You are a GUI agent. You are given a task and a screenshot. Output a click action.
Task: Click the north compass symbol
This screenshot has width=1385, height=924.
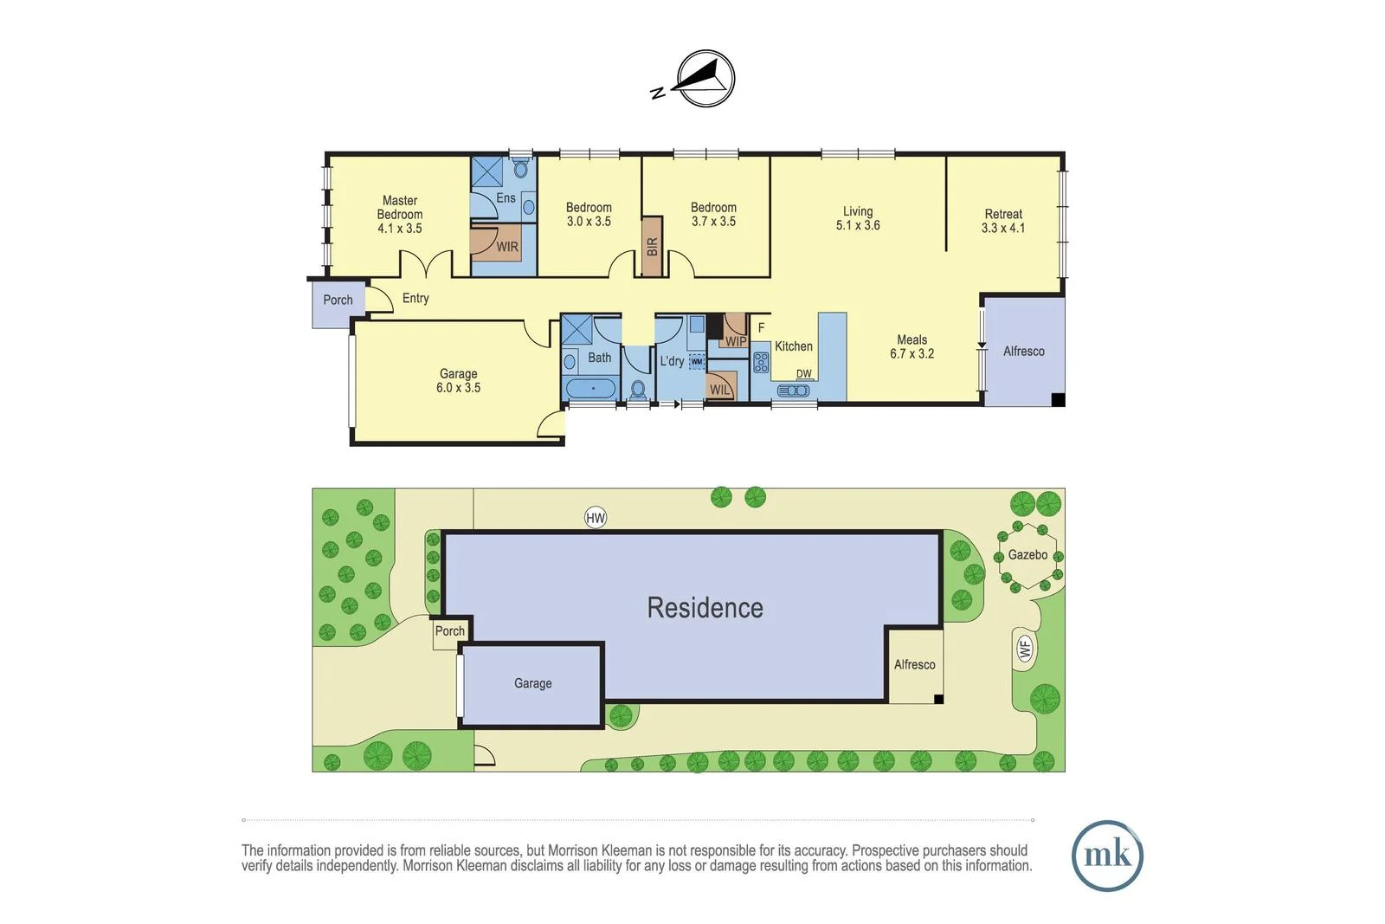pos(704,79)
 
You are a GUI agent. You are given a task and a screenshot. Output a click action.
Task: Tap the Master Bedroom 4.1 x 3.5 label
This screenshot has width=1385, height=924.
pos(400,215)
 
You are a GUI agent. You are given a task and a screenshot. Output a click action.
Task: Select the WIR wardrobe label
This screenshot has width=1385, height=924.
pos(507,247)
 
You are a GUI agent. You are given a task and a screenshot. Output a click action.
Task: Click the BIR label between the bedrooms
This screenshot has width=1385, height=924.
pos(652,247)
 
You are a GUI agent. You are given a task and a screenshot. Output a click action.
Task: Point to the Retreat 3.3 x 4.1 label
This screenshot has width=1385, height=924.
pos(1003,221)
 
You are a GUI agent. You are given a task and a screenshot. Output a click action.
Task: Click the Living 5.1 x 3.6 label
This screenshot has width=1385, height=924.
pos(858,218)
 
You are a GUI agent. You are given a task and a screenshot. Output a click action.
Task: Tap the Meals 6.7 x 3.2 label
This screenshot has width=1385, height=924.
pos(912,346)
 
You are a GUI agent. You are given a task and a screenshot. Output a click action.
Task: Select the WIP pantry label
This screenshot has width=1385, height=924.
pos(736,341)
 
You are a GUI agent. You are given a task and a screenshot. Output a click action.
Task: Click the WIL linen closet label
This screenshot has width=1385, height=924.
pos(720,390)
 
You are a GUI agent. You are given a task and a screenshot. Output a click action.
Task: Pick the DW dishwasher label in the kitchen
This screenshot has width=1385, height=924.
pos(804,374)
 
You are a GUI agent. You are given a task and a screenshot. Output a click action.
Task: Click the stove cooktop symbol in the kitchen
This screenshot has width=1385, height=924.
pos(761,362)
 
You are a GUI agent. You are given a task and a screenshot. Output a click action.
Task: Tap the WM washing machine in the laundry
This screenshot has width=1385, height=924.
pos(697,362)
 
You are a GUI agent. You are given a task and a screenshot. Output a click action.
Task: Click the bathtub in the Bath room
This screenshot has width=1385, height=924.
pos(592,389)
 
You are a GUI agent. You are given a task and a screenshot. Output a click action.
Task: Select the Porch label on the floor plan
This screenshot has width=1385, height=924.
pos(338,300)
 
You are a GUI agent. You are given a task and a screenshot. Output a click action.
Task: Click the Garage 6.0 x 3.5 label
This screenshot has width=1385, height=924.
pos(458,381)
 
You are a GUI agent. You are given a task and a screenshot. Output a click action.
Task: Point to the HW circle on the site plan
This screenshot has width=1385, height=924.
pos(596,518)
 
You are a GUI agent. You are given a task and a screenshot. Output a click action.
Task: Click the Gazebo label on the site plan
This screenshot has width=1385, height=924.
pos(1027,555)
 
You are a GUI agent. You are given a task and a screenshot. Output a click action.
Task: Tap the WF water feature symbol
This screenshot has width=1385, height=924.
pos(1025,648)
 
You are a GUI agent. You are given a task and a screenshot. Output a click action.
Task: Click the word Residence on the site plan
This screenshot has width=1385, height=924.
pos(705,608)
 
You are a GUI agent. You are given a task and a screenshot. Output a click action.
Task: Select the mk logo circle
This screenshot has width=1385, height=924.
pos(1107,856)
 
